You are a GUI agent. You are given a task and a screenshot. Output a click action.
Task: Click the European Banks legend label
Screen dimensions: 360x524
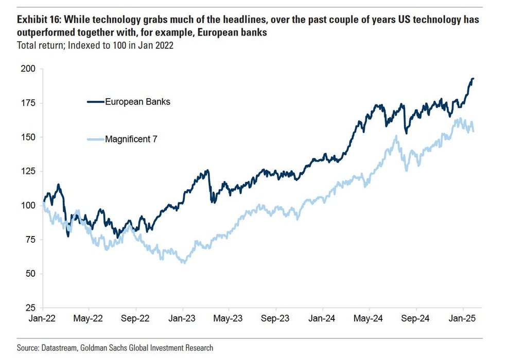pos(137,102)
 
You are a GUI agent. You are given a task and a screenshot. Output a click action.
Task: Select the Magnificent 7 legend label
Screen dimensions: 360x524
pos(131,138)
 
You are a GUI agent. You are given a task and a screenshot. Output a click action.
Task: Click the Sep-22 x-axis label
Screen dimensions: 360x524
pos(135,319)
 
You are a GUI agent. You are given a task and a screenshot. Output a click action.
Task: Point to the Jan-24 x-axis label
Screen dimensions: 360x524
pos(323,319)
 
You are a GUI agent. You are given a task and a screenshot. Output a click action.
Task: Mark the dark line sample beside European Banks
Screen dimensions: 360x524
pos(95,102)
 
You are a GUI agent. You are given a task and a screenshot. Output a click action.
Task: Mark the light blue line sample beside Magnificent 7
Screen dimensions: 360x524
pos(95,138)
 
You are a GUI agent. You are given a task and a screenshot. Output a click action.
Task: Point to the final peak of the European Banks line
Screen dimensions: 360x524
pos(473,79)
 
